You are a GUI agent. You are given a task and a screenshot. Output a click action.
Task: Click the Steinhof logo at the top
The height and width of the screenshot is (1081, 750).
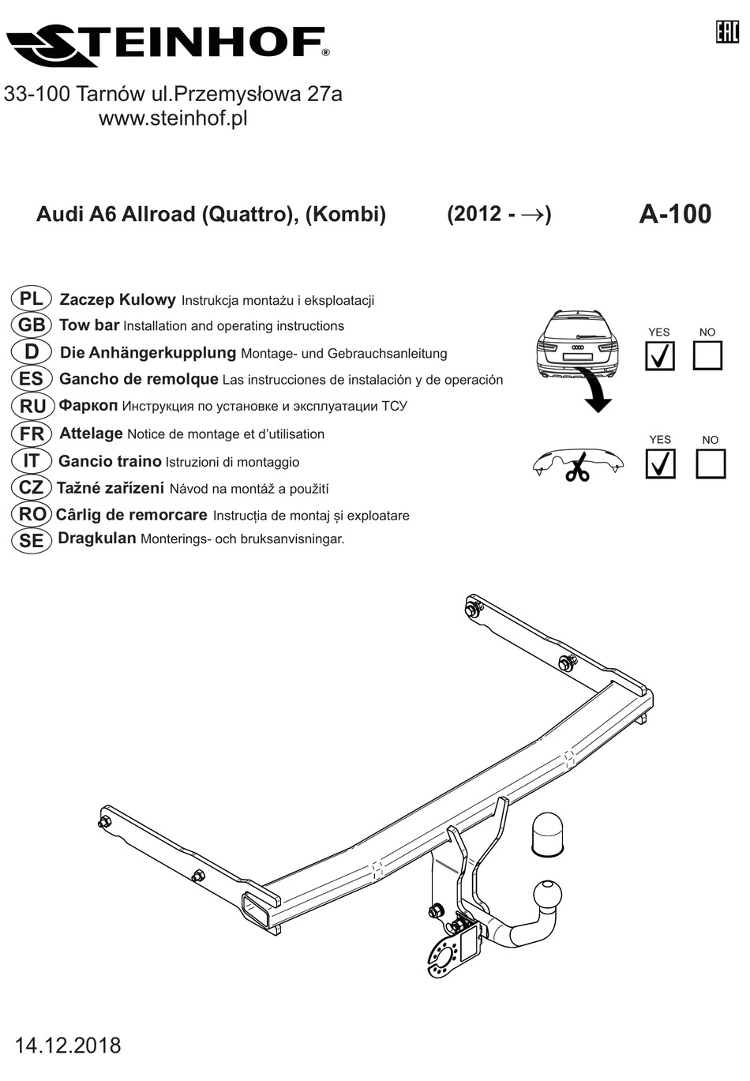tap(167, 46)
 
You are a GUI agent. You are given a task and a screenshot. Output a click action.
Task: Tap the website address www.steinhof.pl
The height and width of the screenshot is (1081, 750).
tap(173, 118)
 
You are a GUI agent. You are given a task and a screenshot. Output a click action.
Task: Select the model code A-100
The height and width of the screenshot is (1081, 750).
tap(674, 214)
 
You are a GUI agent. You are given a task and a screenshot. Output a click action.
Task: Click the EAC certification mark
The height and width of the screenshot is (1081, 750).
tap(726, 32)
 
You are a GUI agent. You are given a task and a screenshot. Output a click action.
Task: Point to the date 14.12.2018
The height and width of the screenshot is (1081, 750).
tap(68, 1045)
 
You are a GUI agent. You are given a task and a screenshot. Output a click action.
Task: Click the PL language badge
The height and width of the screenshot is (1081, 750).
tap(32, 298)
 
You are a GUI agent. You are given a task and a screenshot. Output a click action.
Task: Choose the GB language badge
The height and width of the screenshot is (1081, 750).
tap(32, 325)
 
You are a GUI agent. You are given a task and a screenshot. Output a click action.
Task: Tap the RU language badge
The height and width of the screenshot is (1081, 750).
tap(32, 406)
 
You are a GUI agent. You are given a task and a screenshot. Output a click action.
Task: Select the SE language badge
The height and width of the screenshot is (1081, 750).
tap(32, 540)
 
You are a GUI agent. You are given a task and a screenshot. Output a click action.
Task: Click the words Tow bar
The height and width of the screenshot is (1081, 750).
tap(89, 325)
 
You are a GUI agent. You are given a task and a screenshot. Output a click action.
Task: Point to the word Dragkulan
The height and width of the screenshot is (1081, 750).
tap(97, 539)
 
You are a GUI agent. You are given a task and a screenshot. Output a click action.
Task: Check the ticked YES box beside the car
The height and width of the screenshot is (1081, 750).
tap(659, 356)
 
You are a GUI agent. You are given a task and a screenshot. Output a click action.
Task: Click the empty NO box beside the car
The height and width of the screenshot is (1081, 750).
tap(707, 356)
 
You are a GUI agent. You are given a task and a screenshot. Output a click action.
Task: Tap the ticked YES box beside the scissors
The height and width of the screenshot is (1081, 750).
tap(659, 464)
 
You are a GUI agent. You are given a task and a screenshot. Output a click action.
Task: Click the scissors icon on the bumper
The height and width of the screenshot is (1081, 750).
tap(578, 467)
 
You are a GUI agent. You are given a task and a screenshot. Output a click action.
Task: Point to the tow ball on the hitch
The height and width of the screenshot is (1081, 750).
tap(549, 894)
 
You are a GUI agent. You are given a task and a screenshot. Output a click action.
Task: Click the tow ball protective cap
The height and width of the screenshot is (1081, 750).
tap(546, 832)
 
